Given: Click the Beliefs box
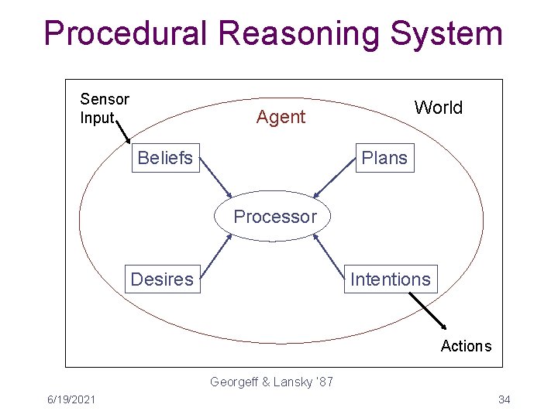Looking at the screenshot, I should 165,158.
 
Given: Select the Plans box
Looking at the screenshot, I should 384,158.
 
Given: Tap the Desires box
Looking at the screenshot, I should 162,279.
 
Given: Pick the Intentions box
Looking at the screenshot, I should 390,279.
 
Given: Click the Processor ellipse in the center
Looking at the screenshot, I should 275,217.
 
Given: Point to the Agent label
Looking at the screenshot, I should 281,118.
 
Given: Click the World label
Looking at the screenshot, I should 438,108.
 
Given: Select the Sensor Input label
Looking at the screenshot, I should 104,108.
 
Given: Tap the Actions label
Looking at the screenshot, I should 466,346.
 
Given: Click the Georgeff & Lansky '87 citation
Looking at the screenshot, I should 271,382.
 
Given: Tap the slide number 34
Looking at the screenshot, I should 504,399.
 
